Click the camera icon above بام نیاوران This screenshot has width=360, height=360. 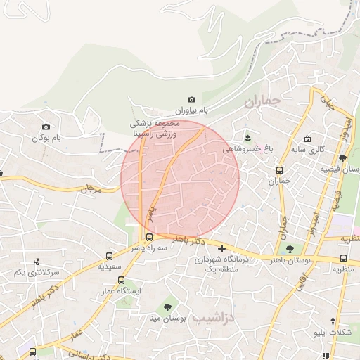coord(191,101)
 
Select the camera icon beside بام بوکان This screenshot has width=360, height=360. coord(47,127)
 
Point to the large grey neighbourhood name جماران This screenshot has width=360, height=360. coord(262,102)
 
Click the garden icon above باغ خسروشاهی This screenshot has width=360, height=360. coord(247,136)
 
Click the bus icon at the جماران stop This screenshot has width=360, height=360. coord(279,170)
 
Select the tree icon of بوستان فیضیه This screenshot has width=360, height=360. coord(342,158)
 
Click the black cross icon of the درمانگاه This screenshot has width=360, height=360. coord(222,248)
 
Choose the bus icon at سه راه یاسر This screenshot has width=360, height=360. coord(149,237)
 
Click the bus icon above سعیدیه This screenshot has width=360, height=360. coord(109,256)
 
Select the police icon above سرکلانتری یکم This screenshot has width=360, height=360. coord(37,262)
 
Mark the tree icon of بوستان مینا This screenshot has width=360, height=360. coord(167,307)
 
